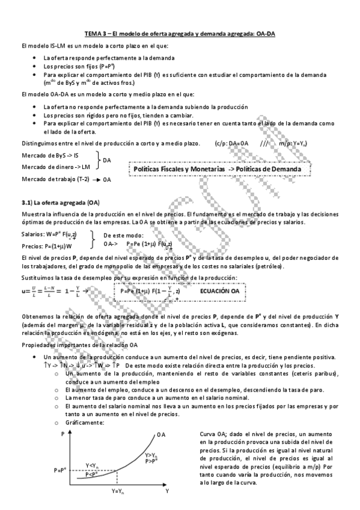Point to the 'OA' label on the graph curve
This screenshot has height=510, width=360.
click(160, 434)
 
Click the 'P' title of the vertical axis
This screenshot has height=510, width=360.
click(62, 433)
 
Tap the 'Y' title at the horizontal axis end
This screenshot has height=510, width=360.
click(166, 491)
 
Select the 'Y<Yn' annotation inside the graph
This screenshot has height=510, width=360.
click(93, 465)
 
